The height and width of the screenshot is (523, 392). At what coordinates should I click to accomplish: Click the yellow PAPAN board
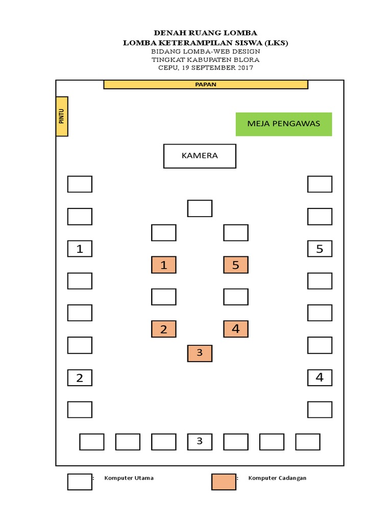(x=206, y=84)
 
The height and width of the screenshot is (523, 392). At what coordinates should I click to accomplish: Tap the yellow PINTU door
(x=62, y=116)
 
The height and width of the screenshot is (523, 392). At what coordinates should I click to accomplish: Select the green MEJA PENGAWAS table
(x=284, y=124)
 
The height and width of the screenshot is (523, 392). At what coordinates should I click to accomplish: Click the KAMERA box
(x=200, y=156)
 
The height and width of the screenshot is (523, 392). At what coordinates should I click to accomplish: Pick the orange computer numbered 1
(x=164, y=265)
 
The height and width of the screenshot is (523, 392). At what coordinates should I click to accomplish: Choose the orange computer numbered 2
(x=164, y=329)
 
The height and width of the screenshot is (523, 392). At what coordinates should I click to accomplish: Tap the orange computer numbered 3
(x=200, y=353)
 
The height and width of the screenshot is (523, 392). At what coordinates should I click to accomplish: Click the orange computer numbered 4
(x=236, y=329)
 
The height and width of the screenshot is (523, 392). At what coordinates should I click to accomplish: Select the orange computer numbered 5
(x=236, y=265)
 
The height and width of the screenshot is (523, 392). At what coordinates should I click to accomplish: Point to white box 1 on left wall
(x=80, y=249)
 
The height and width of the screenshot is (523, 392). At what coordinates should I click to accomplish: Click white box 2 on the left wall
(x=80, y=378)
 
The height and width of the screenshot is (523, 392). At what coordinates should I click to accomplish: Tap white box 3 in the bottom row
(x=200, y=442)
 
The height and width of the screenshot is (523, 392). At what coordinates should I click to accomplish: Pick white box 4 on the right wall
(x=320, y=378)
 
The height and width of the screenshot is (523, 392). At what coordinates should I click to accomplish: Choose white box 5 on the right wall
(x=320, y=249)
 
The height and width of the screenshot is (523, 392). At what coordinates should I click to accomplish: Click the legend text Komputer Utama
(x=129, y=478)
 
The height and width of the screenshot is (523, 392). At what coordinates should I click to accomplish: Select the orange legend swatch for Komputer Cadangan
(x=224, y=482)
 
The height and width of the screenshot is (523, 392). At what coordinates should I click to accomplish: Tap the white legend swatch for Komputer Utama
(x=80, y=482)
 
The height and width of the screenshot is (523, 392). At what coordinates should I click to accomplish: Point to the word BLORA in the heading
(x=248, y=59)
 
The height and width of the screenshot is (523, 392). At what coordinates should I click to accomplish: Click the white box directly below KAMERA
(x=200, y=208)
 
